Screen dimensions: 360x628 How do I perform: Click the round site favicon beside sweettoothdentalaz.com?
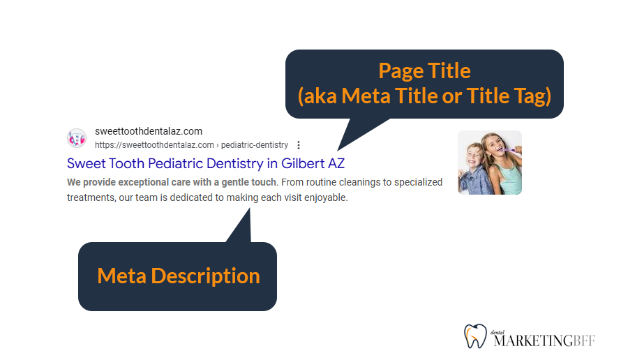pos(77,138)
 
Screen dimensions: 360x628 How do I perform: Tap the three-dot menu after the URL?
pos(299,145)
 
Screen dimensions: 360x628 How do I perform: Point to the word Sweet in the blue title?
pos(84,163)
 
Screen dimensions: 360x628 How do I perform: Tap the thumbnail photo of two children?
pos(489,162)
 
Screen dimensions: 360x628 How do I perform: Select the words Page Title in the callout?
pos(424,70)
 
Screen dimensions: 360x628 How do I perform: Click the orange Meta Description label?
pos(178,276)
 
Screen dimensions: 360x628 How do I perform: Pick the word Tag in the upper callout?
pos(533,96)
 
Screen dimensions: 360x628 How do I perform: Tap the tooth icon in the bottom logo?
pos(474,336)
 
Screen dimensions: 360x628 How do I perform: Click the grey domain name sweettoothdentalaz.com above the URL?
pos(149,131)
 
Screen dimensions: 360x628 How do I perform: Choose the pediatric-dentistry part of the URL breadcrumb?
pos(255,145)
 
